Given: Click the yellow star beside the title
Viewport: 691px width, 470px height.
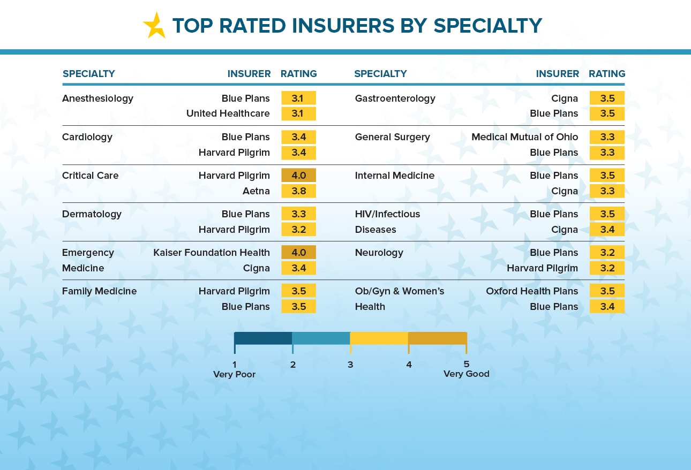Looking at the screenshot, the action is click(x=155, y=26).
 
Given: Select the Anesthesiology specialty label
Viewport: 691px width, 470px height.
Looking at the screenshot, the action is click(x=97, y=98).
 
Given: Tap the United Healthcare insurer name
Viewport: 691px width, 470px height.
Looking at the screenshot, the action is click(x=228, y=113).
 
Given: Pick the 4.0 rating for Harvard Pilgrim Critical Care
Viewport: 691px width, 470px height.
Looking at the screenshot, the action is click(x=298, y=176).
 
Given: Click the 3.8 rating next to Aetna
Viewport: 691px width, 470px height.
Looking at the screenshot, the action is click(x=298, y=191).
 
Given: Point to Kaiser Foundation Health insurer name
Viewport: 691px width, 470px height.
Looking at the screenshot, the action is click(x=212, y=253).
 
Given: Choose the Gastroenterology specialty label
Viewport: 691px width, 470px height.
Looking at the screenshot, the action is click(x=395, y=98).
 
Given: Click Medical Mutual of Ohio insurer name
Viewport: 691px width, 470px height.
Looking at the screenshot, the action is click(x=525, y=137).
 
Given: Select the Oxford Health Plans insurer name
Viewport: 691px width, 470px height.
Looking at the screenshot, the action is click(x=532, y=291).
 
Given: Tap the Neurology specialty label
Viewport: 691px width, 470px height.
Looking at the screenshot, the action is click(x=379, y=253).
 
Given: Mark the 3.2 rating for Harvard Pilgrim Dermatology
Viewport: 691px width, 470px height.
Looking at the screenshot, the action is click(x=298, y=230).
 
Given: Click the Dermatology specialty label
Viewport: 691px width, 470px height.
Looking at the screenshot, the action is click(x=92, y=214).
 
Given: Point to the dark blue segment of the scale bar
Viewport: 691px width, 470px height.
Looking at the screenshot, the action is click(x=263, y=338).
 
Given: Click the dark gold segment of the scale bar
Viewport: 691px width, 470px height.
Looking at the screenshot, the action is click(x=438, y=338).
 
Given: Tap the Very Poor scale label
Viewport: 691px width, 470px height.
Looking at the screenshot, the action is click(x=235, y=374).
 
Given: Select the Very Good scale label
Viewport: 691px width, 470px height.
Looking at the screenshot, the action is click(x=467, y=374).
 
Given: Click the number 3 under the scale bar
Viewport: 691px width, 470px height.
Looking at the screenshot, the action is click(x=350, y=365).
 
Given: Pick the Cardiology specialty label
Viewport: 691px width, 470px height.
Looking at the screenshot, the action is click(x=87, y=137).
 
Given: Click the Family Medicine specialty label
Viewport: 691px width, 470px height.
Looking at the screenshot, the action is click(x=99, y=291).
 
